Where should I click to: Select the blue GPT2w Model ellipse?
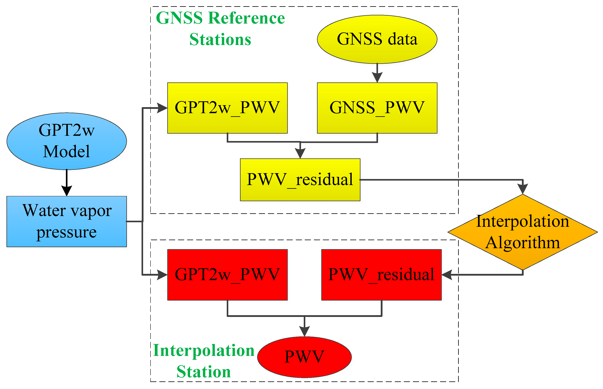(66, 141)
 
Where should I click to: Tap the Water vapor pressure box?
(66, 221)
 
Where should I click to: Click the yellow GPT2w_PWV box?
(227, 108)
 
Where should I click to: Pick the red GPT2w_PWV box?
(227, 275)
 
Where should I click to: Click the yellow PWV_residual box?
(300, 180)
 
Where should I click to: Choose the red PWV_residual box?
(381, 275)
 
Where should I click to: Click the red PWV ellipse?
(304, 357)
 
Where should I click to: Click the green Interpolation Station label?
(204, 361)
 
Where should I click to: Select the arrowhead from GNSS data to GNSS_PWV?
(377, 77)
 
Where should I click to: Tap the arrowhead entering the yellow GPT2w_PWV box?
(162, 108)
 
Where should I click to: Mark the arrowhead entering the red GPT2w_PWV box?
(162, 275)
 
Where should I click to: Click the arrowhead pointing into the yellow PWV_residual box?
(300, 153)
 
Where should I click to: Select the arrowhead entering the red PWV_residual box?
(447, 275)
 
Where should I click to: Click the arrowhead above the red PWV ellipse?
(304, 331)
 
